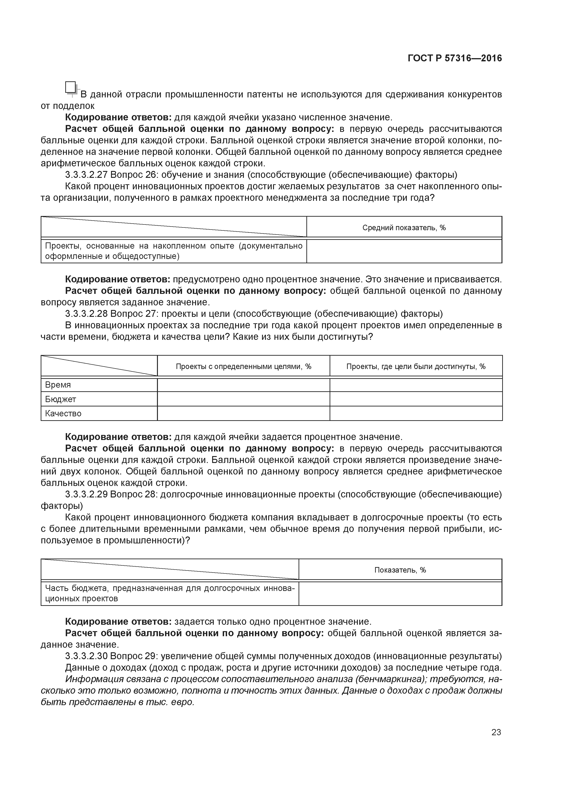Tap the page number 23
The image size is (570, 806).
(x=496, y=732)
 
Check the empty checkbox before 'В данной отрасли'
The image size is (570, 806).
(x=70, y=87)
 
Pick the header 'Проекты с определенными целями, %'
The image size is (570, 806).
(x=243, y=366)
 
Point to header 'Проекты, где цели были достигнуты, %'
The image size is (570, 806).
(x=416, y=366)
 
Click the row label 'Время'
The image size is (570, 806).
(x=58, y=385)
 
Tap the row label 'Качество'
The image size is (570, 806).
(x=63, y=414)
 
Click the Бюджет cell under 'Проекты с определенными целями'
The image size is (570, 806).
(x=243, y=399)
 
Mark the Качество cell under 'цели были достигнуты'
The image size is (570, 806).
(x=416, y=414)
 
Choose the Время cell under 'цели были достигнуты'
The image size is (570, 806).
(x=416, y=385)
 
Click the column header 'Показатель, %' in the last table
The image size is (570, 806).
(x=400, y=570)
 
